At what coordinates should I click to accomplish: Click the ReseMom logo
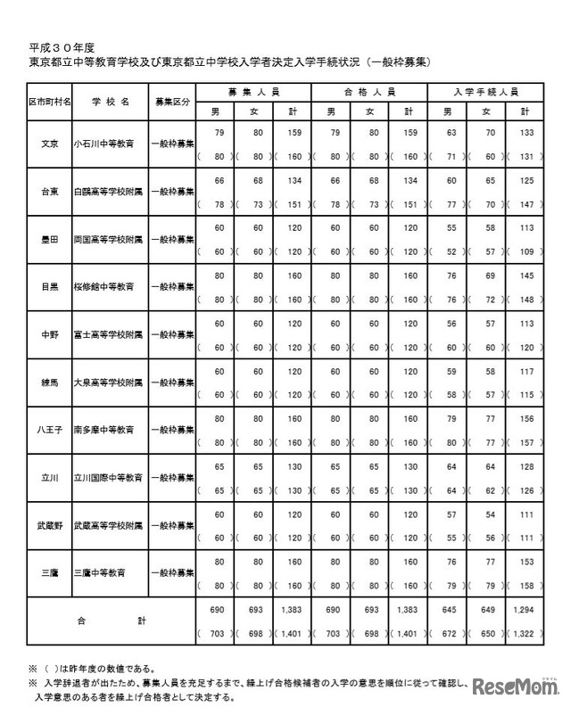pyautogui.click(x=512, y=687)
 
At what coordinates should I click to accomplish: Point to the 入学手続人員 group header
pyautogui.click(x=485, y=92)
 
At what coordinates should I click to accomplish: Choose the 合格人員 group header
pyautogui.click(x=370, y=92)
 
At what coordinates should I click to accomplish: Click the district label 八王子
pyautogui.click(x=51, y=429)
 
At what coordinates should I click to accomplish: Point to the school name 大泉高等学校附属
pyautogui.click(x=110, y=382)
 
